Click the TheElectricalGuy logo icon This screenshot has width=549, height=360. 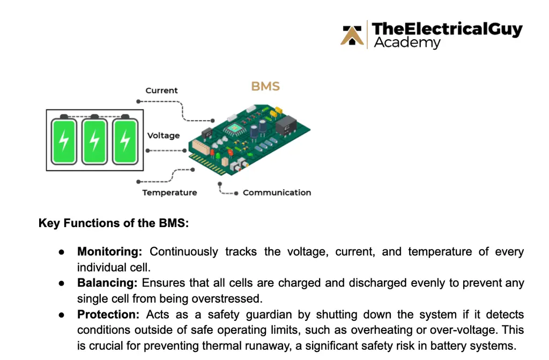[353, 35]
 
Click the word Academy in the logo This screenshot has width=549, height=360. [407, 43]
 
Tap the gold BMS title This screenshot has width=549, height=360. [265, 86]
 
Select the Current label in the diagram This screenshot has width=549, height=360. [161, 91]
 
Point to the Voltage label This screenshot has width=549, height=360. [164, 136]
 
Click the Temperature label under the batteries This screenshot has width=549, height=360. [169, 192]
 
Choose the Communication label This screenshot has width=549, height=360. [277, 192]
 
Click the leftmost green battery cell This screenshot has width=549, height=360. [64, 141]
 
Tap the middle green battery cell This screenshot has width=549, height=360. [94, 141]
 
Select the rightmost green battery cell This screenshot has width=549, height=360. [125, 141]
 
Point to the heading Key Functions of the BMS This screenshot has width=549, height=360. [114, 223]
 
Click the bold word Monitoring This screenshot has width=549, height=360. [110, 252]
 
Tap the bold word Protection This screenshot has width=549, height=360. [109, 314]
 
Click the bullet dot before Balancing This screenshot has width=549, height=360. [62, 283]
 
